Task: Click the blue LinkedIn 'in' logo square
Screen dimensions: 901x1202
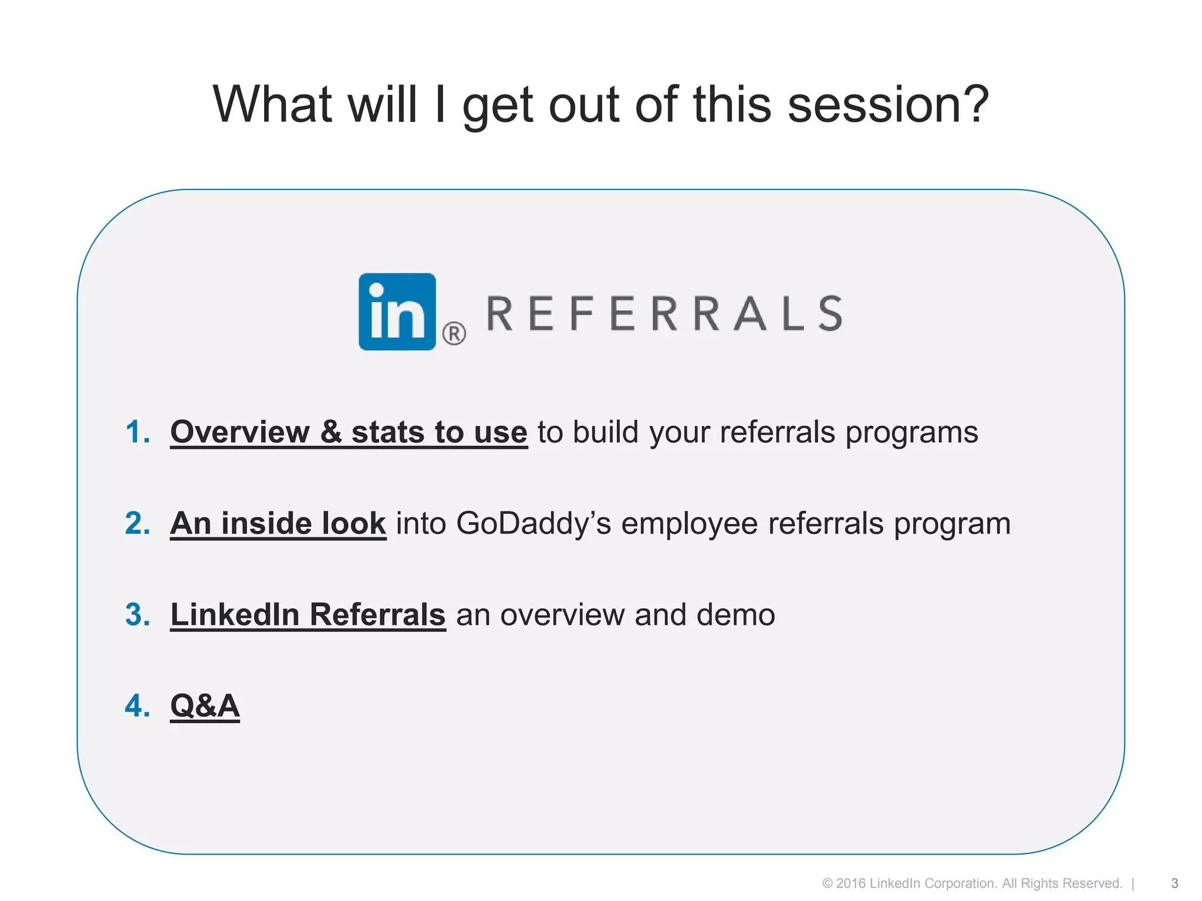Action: click(x=397, y=311)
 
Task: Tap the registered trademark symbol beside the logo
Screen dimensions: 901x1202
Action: click(x=454, y=334)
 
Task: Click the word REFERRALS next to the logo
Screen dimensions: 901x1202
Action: click(x=664, y=314)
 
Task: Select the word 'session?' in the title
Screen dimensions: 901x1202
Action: click(x=888, y=105)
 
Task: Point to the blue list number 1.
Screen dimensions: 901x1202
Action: click(x=137, y=432)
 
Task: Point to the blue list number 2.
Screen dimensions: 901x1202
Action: click(x=137, y=523)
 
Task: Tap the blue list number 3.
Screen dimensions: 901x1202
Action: click(x=137, y=615)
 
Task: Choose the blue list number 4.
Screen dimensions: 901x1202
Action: click(x=137, y=706)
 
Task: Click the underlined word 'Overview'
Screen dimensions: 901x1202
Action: click(x=239, y=432)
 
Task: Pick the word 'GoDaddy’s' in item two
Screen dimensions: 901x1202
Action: click(x=534, y=523)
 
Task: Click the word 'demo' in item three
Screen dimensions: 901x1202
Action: click(x=735, y=615)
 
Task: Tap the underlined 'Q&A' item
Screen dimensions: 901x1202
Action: click(x=205, y=706)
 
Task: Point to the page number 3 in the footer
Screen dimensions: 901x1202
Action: click(x=1174, y=883)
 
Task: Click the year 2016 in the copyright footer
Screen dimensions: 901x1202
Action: click(x=850, y=883)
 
